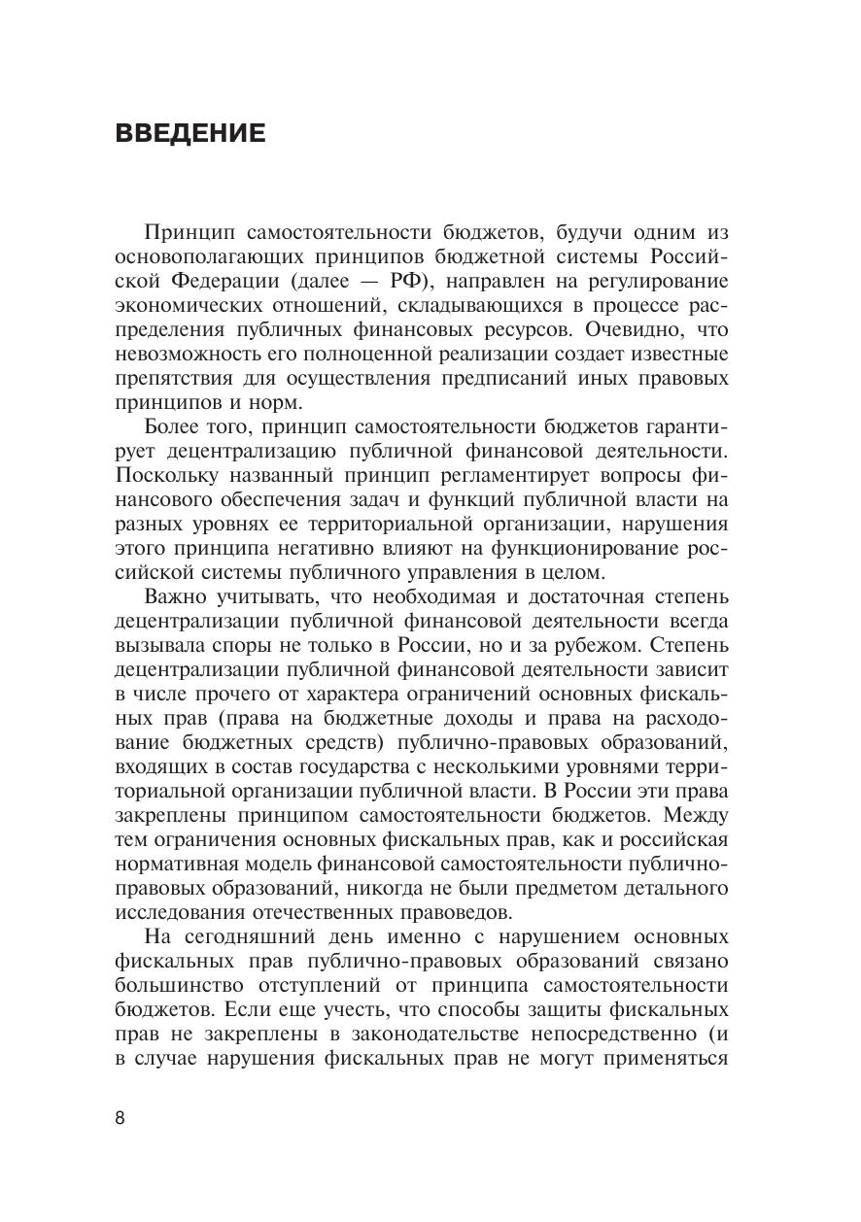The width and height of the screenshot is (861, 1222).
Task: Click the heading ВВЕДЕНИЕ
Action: [189, 133]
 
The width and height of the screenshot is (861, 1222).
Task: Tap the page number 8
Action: [120, 1117]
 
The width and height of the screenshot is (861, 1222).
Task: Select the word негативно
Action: [293, 548]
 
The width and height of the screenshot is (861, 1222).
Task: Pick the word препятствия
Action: [172, 377]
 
